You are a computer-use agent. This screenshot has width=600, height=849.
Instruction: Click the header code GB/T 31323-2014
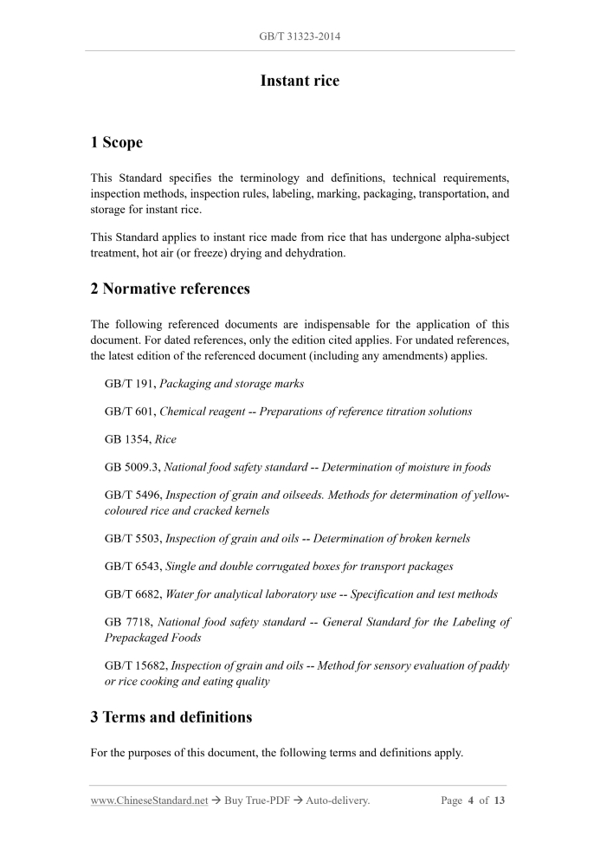coord(300,36)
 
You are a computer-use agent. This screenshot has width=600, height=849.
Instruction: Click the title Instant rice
coord(300,81)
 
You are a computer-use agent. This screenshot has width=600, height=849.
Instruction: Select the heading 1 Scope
coord(117,142)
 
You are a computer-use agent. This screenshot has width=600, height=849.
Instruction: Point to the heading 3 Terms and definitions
coord(171,716)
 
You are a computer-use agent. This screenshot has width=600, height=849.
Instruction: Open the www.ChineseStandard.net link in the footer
coord(149,800)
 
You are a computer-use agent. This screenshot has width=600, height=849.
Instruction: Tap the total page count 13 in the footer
coord(500,800)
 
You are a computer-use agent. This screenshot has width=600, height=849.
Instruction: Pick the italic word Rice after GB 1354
coord(165,439)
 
